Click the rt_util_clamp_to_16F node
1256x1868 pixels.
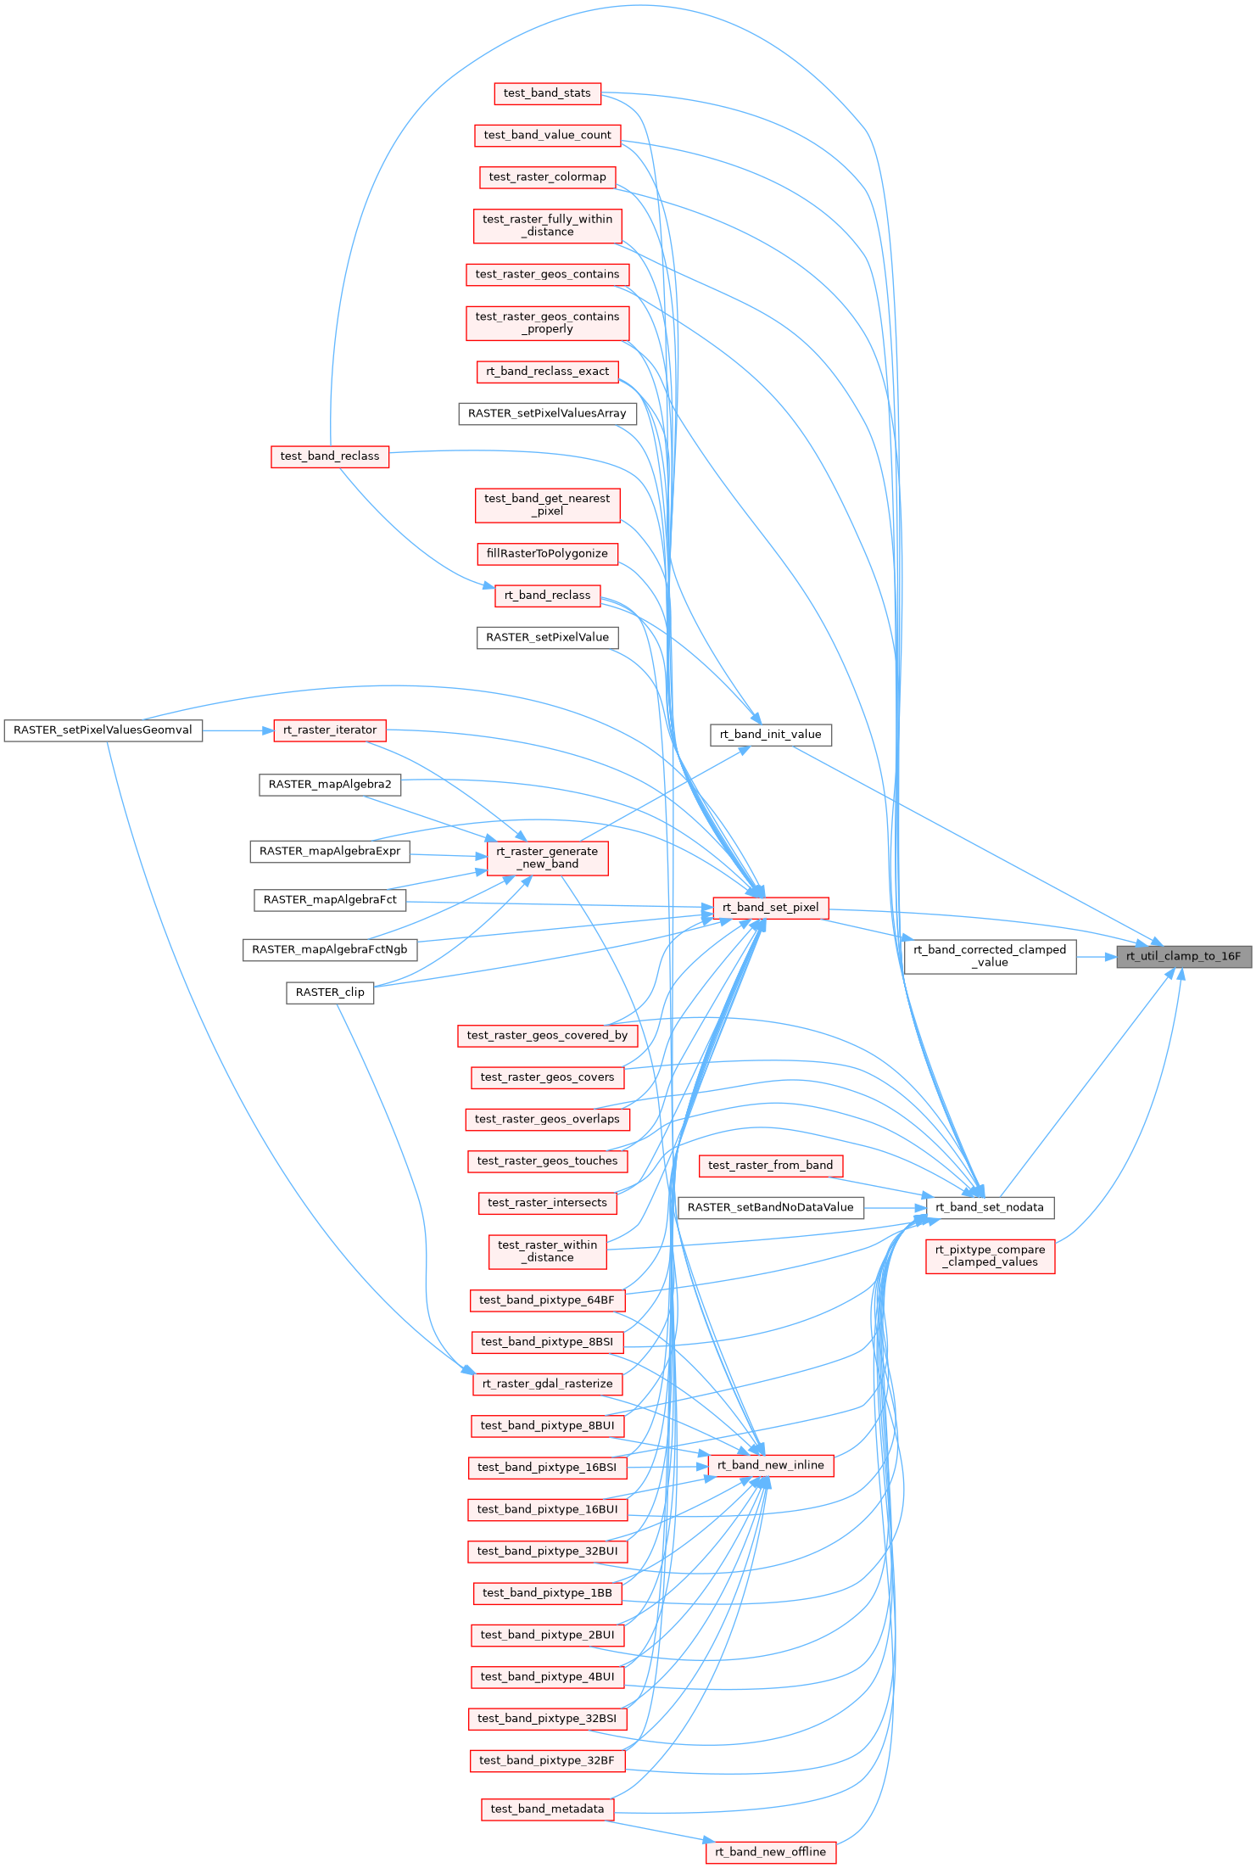[x=1183, y=956]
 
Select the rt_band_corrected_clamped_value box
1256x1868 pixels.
[x=990, y=956]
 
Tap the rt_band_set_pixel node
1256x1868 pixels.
[x=770, y=908]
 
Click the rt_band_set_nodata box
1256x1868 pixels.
[x=990, y=1207]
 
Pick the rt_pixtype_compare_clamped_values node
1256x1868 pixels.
[x=990, y=1256]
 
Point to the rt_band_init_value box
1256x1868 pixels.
[x=770, y=735]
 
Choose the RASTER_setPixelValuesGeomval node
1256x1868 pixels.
[x=103, y=730]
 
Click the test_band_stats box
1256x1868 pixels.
[x=547, y=93]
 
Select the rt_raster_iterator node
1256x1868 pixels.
[x=330, y=730]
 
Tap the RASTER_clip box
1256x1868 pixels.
[x=330, y=993]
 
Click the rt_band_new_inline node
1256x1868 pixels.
[x=770, y=1465]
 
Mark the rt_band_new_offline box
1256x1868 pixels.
[x=770, y=1852]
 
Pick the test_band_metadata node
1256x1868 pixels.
[x=547, y=1809]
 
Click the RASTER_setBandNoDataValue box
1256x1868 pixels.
[x=770, y=1207]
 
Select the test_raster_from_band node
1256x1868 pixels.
[x=770, y=1166]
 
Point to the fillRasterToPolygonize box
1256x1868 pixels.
[x=547, y=554]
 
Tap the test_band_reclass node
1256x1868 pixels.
[x=330, y=456]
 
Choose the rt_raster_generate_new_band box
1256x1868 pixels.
[x=547, y=858]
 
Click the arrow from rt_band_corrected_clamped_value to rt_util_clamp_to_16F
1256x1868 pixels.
[x=1097, y=956]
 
